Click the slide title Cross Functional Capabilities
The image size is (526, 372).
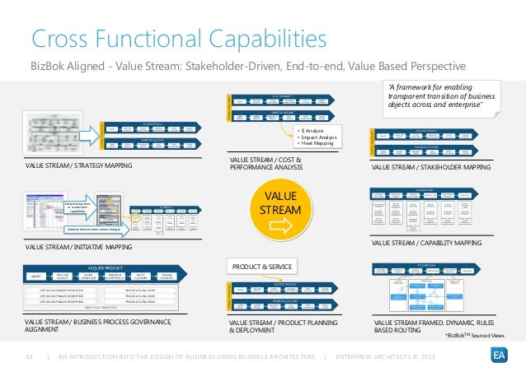[x=178, y=38]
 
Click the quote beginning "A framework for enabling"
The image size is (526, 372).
[x=441, y=96]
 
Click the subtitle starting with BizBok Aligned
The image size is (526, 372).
[x=247, y=66]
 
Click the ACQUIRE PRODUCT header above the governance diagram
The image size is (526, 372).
[x=112, y=267]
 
